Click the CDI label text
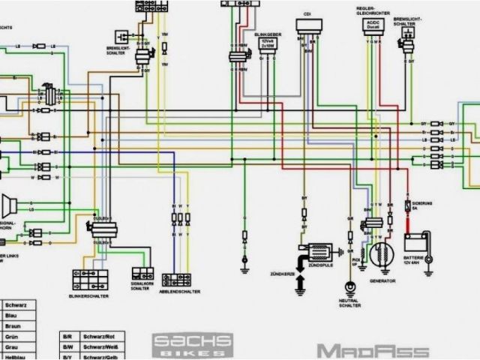pyautogui.click(x=307, y=14)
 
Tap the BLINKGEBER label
pyautogui.click(x=267, y=34)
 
